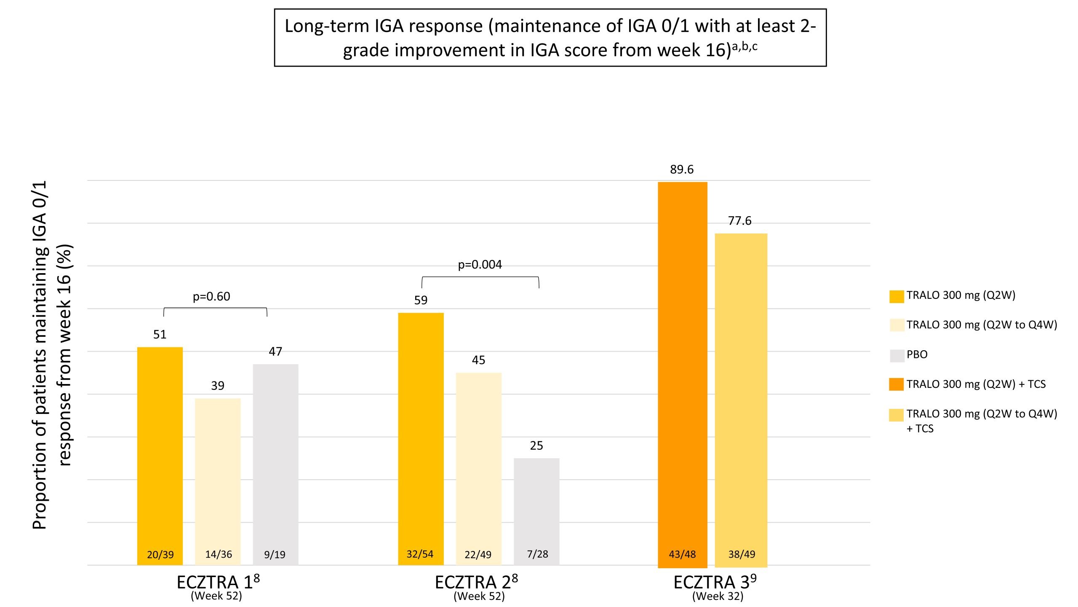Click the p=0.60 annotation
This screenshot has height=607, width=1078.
point(211,297)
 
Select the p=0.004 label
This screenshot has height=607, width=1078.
point(480,265)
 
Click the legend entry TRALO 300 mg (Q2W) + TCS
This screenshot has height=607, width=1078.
point(976,384)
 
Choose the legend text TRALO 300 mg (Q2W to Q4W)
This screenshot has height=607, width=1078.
point(982,325)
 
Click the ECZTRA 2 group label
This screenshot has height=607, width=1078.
point(476,583)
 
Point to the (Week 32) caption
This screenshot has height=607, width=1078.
point(718,596)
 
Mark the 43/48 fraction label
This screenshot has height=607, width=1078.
point(682,554)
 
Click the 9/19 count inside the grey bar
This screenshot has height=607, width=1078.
point(275,555)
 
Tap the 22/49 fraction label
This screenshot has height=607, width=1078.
point(478,555)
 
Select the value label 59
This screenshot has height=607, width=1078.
point(421,300)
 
